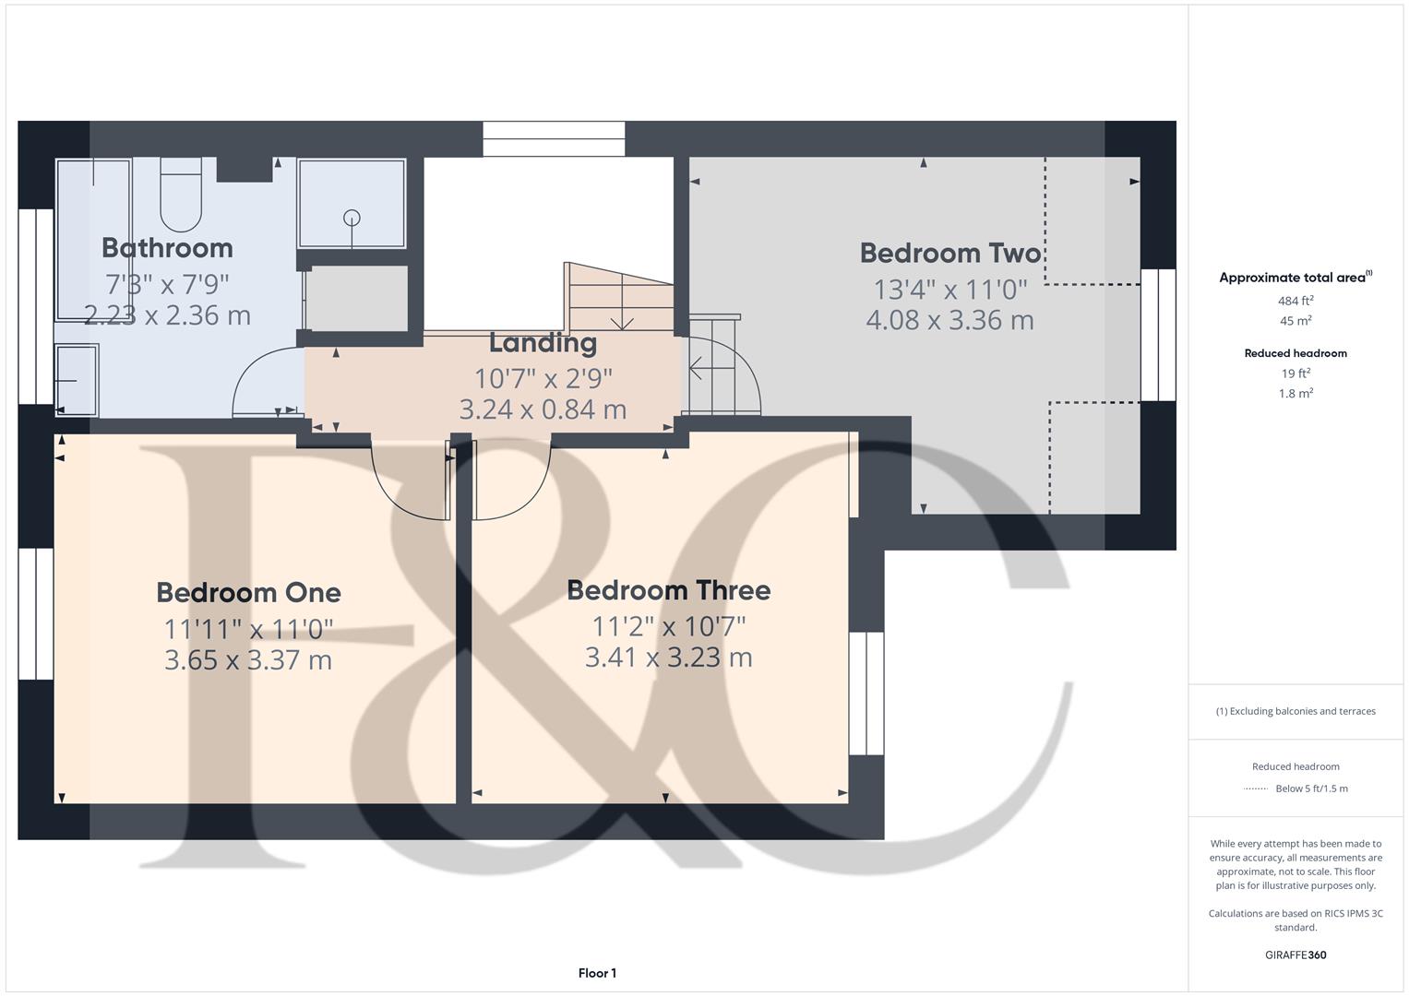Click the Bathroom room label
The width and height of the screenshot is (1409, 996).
click(167, 248)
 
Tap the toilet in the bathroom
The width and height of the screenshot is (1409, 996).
click(181, 196)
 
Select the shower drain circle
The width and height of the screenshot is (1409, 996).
click(351, 218)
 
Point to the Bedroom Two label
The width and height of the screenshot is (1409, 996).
click(949, 253)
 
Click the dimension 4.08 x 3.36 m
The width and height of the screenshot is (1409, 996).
click(949, 320)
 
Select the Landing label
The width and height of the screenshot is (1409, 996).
click(543, 343)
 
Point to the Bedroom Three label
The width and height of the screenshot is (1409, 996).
click(668, 590)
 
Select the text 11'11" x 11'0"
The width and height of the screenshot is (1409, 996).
click(248, 629)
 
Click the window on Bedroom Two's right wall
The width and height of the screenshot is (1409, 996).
click(1158, 335)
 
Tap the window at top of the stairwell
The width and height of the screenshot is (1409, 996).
click(554, 139)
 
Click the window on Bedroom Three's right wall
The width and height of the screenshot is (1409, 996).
click(866, 693)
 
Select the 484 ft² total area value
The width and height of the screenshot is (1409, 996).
click(1296, 301)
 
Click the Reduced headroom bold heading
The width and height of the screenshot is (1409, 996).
click(1296, 353)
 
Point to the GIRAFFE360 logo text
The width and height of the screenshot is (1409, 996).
click(1296, 955)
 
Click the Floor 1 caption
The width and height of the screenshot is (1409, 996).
click(597, 973)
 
